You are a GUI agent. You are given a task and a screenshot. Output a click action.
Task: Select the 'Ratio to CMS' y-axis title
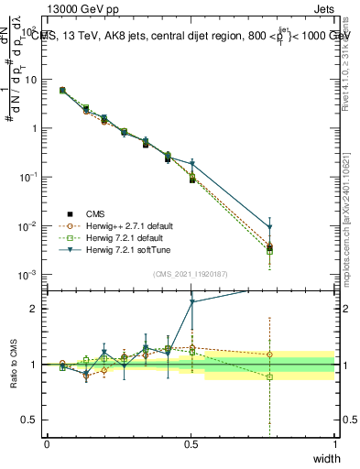pos(14,364)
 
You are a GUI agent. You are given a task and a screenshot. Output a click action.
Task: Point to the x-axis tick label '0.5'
pos(191,444)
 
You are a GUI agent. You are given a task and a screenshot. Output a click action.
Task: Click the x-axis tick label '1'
pos(335,444)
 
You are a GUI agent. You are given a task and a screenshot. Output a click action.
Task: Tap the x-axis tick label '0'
pos(47,444)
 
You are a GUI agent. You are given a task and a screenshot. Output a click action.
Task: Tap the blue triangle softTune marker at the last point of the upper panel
pos(270,228)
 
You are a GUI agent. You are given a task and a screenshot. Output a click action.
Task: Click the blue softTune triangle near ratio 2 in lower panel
pos(191,301)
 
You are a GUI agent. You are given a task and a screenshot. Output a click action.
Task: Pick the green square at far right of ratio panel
pos(270,376)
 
